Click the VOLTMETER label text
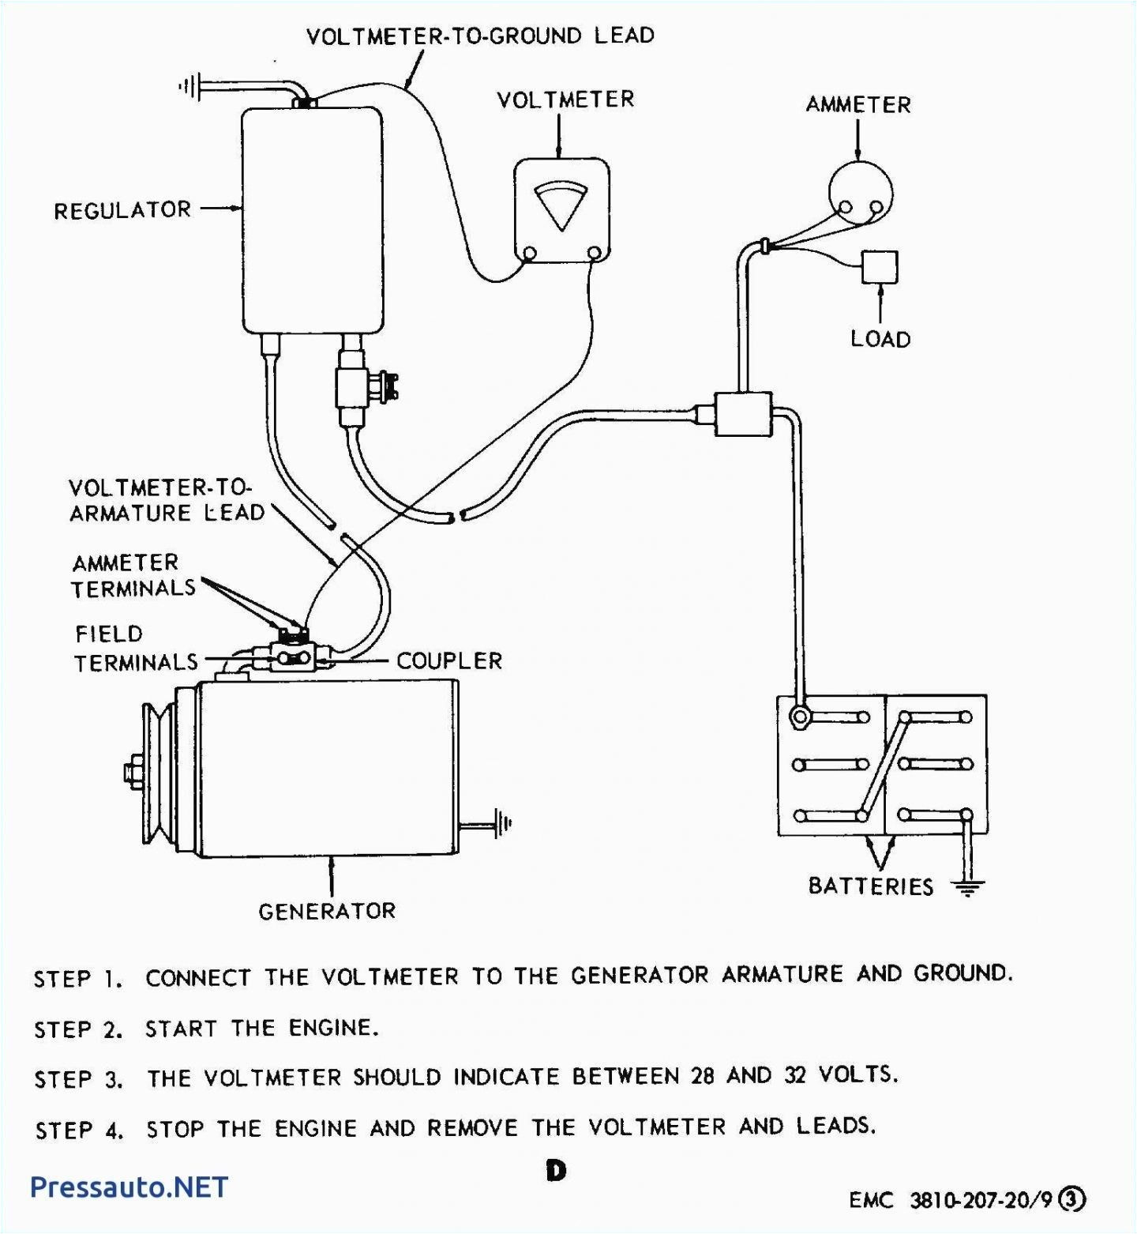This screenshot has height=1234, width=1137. coord(565,100)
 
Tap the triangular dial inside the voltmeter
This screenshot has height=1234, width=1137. coord(561,205)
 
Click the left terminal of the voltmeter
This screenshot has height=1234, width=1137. coord(531,254)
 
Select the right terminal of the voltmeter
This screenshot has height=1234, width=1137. coord(595,254)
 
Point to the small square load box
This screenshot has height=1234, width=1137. coord(879,267)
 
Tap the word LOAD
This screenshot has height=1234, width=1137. coord(880,339)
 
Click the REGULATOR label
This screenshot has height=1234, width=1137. coord(122,210)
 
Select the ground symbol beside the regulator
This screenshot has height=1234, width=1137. coord(190,86)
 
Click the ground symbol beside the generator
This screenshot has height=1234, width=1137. coord(502,824)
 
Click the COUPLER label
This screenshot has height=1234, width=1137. coord(448,660)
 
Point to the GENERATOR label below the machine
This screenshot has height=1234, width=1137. coord(327,911)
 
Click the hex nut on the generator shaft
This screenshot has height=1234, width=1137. coord(131,772)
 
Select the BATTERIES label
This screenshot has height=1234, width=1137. coord(870,886)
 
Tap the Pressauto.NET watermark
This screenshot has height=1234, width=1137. coord(129,1187)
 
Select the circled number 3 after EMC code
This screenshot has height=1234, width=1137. coord(1071,1199)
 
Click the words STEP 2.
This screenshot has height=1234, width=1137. coord(78,1029)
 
